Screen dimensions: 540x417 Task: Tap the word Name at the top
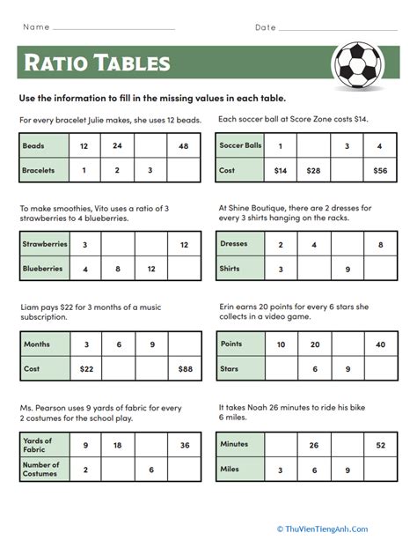click(x=36, y=27)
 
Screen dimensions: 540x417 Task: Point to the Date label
click(x=265, y=27)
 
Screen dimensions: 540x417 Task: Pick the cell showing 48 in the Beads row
click(x=183, y=145)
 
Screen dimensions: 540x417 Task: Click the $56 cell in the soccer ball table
click(x=379, y=170)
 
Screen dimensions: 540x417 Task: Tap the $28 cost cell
click(x=313, y=170)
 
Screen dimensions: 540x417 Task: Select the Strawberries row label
click(x=41, y=244)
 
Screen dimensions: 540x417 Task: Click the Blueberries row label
click(x=41, y=269)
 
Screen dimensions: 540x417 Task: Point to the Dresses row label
click(x=234, y=244)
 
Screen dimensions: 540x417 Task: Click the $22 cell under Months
click(x=85, y=367)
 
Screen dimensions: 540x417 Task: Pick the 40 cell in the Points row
click(x=379, y=344)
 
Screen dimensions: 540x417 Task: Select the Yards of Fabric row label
click(x=39, y=445)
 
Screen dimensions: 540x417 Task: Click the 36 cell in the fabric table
click(x=183, y=445)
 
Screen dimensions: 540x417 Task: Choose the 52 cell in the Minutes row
click(x=379, y=445)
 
